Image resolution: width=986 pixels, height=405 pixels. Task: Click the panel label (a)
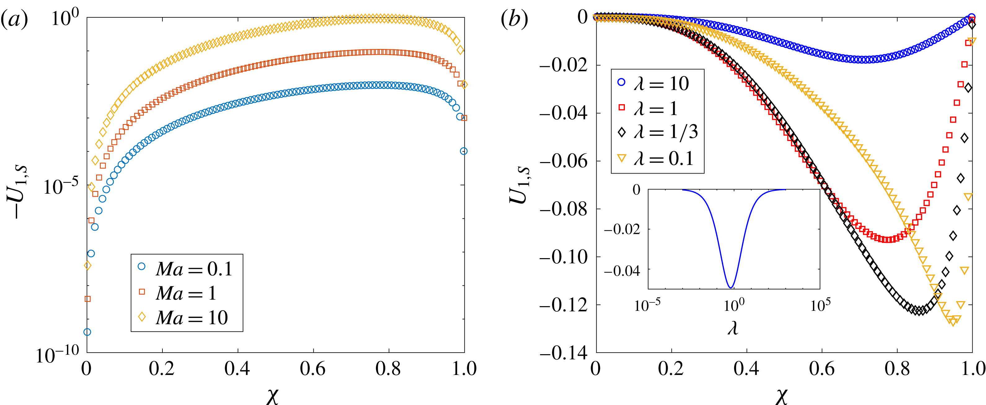pyautogui.click(x=15, y=19)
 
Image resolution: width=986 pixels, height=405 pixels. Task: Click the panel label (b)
pyautogui.click(x=514, y=19)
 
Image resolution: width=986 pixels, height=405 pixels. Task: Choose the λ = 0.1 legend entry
pyautogui.click(x=657, y=158)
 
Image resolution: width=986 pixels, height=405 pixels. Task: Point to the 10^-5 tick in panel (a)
pyautogui.click(x=60, y=187)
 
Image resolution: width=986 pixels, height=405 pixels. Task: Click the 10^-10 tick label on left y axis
pyautogui.click(x=57, y=355)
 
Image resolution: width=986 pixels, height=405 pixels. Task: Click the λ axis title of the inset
pyautogui.click(x=733, y=328)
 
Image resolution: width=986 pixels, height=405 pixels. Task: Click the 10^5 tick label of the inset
pyautogui.click(x=820, y=306)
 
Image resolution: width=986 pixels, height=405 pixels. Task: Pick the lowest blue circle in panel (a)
pyautogui.click(x=87, y=332)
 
